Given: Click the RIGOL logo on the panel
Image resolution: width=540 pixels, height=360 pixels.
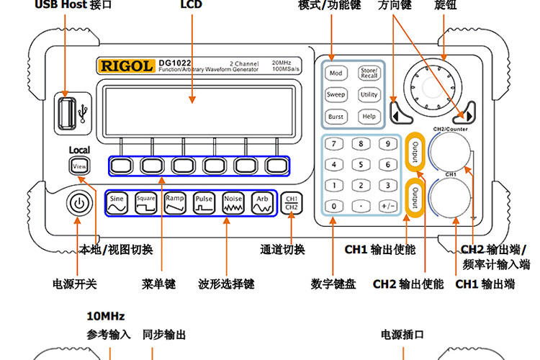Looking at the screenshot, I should click(126, 66).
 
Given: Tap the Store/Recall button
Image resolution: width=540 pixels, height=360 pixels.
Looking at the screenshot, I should click(369, 73).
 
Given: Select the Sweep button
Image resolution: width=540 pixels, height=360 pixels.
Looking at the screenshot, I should click(336, 94).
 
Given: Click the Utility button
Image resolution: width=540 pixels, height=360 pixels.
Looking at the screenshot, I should click(369, 94).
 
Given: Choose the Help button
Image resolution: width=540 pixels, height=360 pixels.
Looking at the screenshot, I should click(369, 116).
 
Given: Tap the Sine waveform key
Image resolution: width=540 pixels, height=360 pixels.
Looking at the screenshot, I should click(117, 203).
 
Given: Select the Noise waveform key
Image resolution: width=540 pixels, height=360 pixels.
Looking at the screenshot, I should click(233, 203).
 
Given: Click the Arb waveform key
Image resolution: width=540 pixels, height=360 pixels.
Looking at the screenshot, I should click(261, 203).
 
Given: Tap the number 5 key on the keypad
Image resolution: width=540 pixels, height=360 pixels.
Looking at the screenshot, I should click(360, 165).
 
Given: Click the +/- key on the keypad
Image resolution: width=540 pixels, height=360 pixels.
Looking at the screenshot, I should click(387, 206).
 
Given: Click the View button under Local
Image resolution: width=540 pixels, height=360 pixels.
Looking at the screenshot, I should click(79, 166).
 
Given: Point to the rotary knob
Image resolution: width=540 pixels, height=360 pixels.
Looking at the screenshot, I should click(431, 85).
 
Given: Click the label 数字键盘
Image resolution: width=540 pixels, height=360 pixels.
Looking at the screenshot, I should click(333, 284).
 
